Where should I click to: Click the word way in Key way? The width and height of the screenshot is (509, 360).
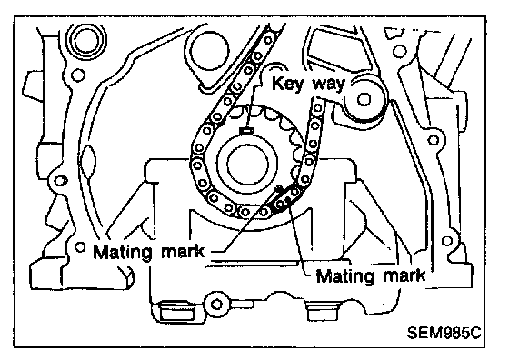click(x=328, y=85)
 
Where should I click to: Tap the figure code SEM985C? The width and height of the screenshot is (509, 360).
click(x=444, y=333)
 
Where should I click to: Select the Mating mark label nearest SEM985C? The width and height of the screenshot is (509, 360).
click(x=371, y=276)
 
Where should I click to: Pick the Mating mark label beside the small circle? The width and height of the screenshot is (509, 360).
click(x=149, y=252)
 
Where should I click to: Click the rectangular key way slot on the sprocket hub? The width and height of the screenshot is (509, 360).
click(x=247, y=131)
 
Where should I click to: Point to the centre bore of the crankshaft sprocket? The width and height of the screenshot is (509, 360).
click(x=248, y=165)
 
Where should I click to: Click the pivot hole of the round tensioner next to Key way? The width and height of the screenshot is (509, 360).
click(x=364, y=99)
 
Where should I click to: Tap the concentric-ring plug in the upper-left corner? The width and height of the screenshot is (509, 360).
click(x=86, y=41)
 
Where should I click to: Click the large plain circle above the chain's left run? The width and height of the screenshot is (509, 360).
click(x=209, y=51)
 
